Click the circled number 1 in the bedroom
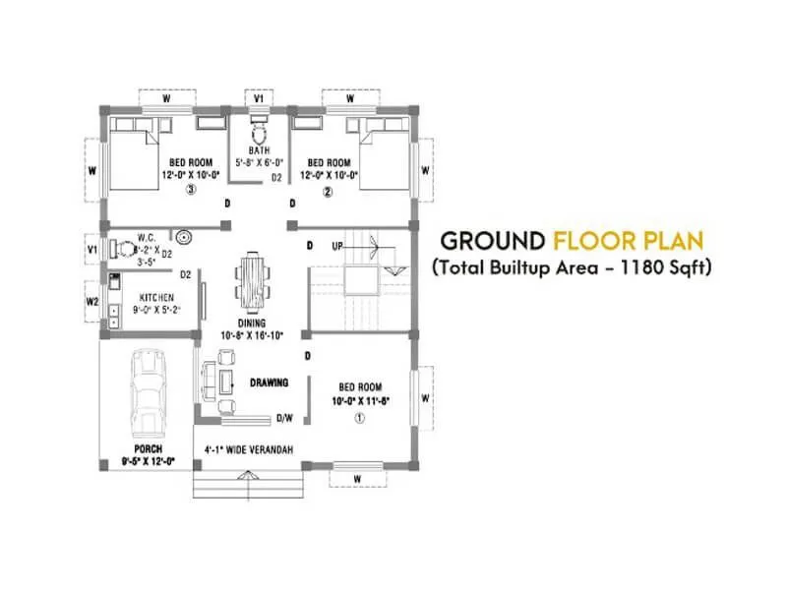tap(360, 417)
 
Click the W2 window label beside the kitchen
tap(92, 302)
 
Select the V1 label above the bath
tap(259, 99)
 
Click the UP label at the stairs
tap(338, 245)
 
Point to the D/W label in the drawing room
tap(285, 418)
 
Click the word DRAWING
tap(268, 383)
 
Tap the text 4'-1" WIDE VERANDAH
tap(248, 449)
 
